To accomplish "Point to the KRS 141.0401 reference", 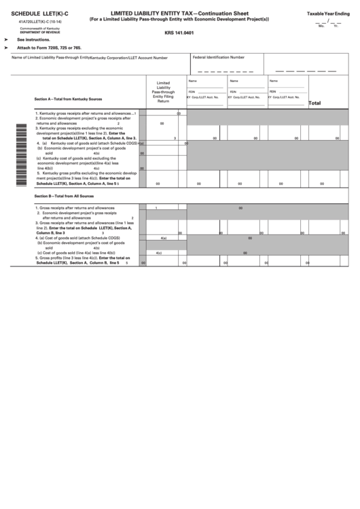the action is point(179,32).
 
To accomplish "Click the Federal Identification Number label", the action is point(219,58).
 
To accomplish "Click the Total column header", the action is point(315,103).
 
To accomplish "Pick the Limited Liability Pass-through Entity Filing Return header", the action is point(163,91).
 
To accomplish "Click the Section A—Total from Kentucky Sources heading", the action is point(68,99).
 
